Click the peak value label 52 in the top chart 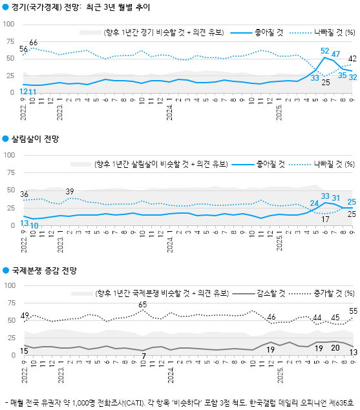(x=325, y=51)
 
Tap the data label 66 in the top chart (x=33, y=43)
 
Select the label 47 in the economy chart (x=336, y=54)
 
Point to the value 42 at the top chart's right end (x=353, y=59)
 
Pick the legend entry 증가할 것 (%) (x=333, y=292)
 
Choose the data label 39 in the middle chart (x=70, y=191)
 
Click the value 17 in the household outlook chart (x=326, y=220)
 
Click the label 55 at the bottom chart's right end (x=353, y=311)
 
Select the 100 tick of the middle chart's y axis (x=10, y=156)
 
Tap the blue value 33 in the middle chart (x=326, y=196)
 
